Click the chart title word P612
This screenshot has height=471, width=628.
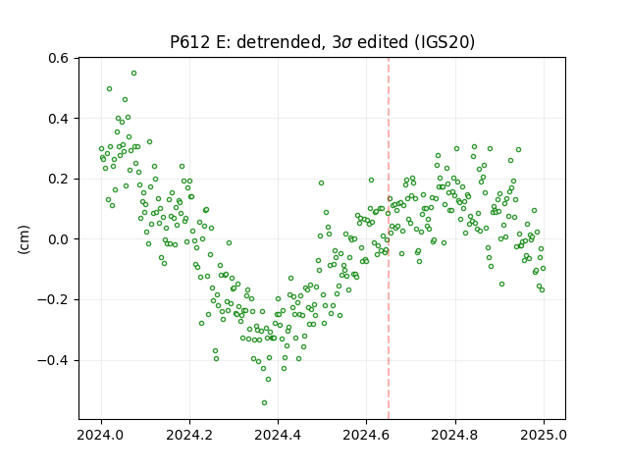(189, 41)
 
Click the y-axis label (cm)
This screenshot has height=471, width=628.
(24, 239)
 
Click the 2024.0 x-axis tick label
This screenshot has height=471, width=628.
(101, 435)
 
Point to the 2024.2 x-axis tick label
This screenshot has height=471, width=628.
(189, 435)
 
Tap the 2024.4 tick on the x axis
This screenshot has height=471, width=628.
(278, 435)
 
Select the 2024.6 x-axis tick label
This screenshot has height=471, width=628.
(366, 435)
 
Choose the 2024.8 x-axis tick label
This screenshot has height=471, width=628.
(455, 435)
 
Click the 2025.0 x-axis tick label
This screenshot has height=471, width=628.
(544, 435)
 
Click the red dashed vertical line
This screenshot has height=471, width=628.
(389, 238)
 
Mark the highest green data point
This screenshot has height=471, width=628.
(133, 74)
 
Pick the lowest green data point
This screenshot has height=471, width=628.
(264, 403)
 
